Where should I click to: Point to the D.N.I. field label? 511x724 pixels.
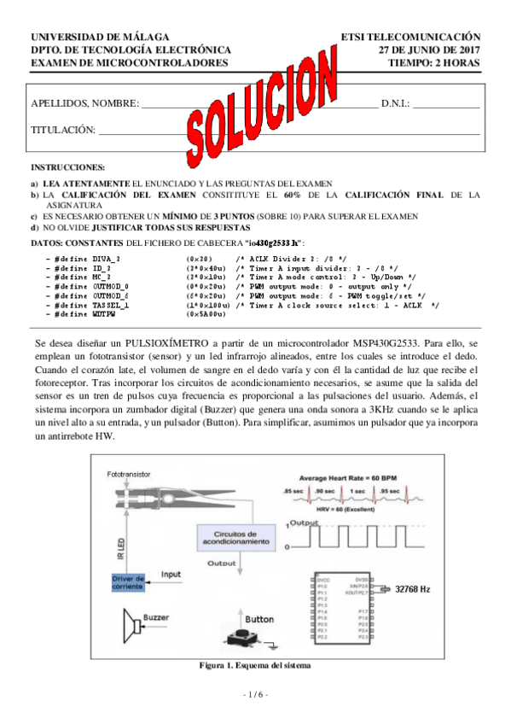click(396, 103)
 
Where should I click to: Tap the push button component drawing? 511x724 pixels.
click(246, 638)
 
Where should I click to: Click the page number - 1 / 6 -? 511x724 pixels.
click(254, 695)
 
